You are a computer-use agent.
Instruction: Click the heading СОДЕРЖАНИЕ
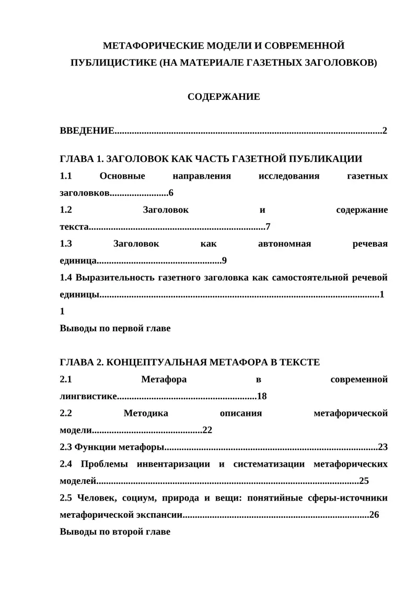pyautogui.click(x=224, y=97)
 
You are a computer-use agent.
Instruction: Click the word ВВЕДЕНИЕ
pyautogui.click(x=87, y=131)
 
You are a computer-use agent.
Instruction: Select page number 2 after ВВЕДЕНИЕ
pyautogui.click(x=385, y=131)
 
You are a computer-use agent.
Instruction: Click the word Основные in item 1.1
pyautogui.click(x=122, y=176)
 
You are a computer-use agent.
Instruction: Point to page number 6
pyautogui.click(x=171, y=193)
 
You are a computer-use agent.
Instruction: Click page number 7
pyautogui.click(x=268, y=227)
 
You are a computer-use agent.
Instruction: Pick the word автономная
pyautogui.click(x=285, y=244)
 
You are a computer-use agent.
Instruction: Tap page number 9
pyautogui.click(x=224, y=261)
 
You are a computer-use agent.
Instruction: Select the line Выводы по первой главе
pyautogui.click(x=115, y=329)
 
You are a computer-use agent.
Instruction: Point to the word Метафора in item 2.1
pyautogui.click(x=164, y=379)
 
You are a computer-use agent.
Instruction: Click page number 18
pyautogui.click(x=262, y=396)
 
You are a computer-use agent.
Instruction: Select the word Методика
pyautogui.click(x=146, y=413)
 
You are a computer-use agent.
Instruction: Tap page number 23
pyautogui.click(x=383, y=447)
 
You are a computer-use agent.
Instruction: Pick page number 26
pyautogui.click(x=374, y=515)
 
